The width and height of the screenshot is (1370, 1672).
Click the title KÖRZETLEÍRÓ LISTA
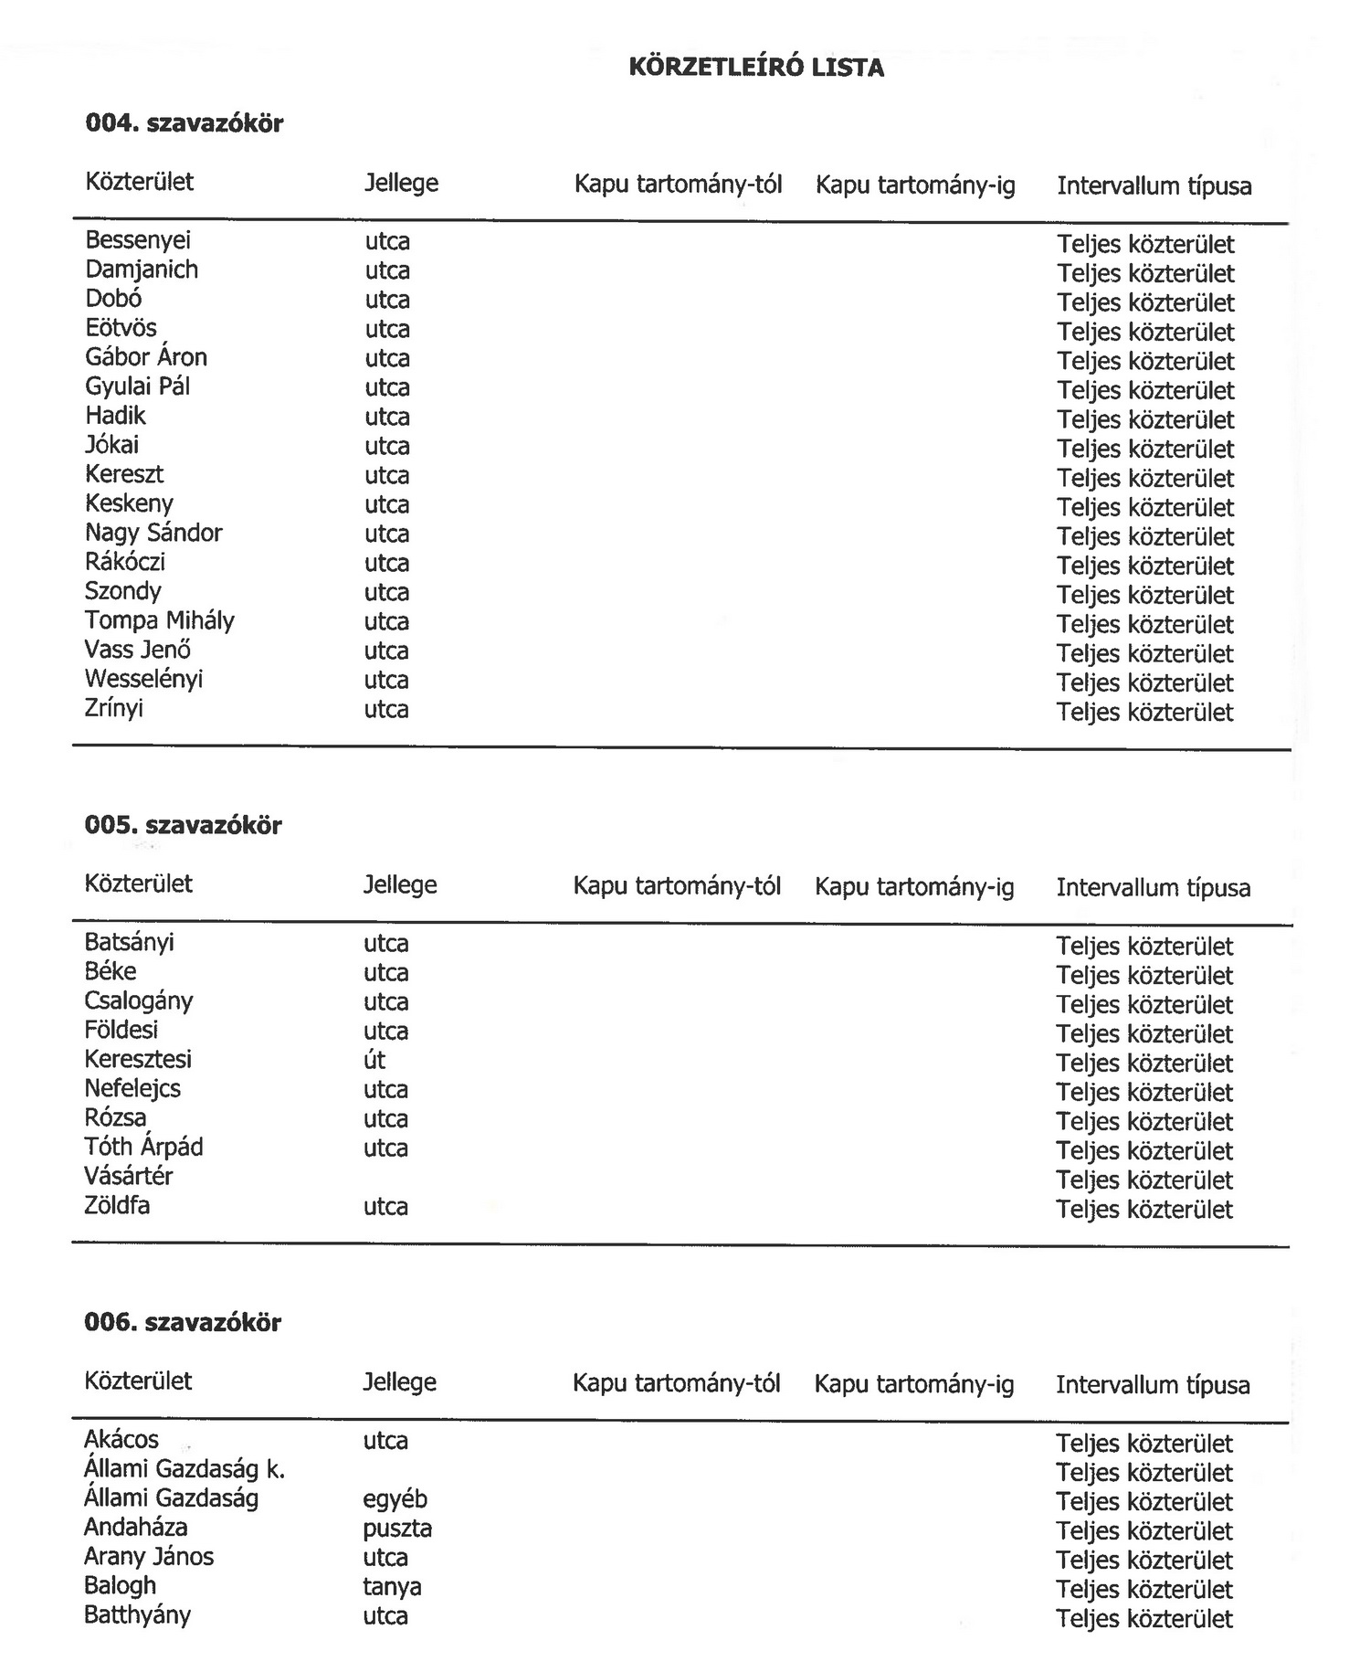[756, 68]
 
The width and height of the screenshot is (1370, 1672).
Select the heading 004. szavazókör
[184, 123]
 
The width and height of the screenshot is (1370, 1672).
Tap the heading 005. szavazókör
[183, 825]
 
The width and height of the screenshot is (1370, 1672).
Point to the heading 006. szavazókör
[182, 1322]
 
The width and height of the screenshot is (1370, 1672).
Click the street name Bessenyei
[138, 240]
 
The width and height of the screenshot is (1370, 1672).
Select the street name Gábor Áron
[146, 357]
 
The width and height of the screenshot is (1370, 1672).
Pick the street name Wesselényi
[143, 679]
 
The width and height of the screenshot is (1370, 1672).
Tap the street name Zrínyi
[114, 708]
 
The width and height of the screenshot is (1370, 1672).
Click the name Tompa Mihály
[159, 620]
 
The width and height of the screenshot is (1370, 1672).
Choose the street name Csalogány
[138, 1000]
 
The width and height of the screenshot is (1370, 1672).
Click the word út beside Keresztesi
[374, 1060]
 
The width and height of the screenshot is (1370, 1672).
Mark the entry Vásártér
[128, 1176]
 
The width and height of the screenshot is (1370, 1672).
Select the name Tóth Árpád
[143, 1147]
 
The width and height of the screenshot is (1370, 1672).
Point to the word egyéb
[395, 1499]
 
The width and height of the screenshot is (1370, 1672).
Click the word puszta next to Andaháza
[397, 1529]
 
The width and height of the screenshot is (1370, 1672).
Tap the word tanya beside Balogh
[392, 1587]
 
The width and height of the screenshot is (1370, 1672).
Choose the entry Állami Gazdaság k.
[184, 1469]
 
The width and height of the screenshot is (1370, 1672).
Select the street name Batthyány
[137, 1615]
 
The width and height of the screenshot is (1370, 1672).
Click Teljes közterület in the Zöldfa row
[1144, 1210]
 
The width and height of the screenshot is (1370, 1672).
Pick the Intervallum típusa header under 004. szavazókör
[1154, 186]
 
